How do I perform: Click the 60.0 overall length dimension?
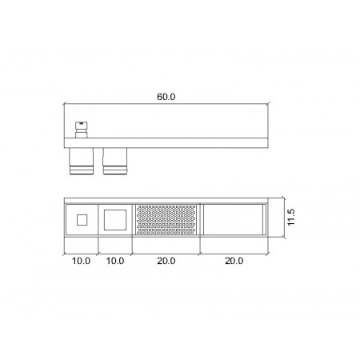pos(166,97)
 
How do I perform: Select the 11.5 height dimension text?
pos(291,217)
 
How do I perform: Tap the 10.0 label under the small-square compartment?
pos(81,261)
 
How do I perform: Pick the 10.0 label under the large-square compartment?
pos(115,261)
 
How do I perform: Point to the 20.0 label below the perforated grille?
pos(166,261)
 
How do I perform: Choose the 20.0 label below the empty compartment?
pos(234,261)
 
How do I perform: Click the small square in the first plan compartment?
pos(82,220)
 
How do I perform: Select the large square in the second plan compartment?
pos(115,220)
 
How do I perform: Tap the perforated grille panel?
pos(166,220)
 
